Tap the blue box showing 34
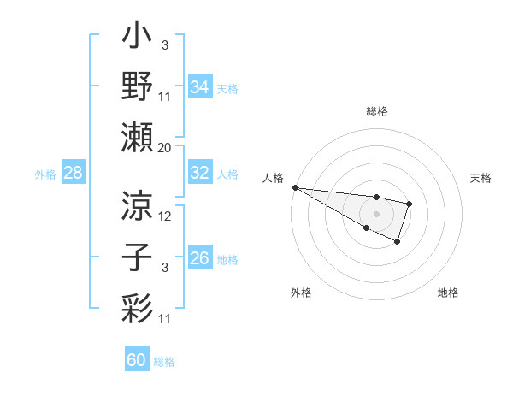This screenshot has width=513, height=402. click(x=199, y=86)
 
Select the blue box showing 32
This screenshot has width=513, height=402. click(x=199, y=173)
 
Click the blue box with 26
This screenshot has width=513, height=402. click(x=199, y=258)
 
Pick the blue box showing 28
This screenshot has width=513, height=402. click(x=74, y=174)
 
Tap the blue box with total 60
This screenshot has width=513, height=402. click(x=136, y=360)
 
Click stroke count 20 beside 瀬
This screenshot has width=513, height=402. click(x=164, y=148)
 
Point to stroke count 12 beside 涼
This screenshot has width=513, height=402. click(x=166, y=216)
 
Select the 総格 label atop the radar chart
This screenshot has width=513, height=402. click(x=376, y=111)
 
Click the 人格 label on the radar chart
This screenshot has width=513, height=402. click(x=273, y=178)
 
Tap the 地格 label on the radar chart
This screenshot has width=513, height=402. click(x=448, y=293)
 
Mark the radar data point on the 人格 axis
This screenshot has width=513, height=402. click(x=295, y=187)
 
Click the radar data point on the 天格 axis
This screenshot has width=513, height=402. click(x=410, y=204)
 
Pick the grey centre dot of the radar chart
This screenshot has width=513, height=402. click(x=376, y=212)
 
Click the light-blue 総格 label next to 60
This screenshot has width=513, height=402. click(x=164, y=362)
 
